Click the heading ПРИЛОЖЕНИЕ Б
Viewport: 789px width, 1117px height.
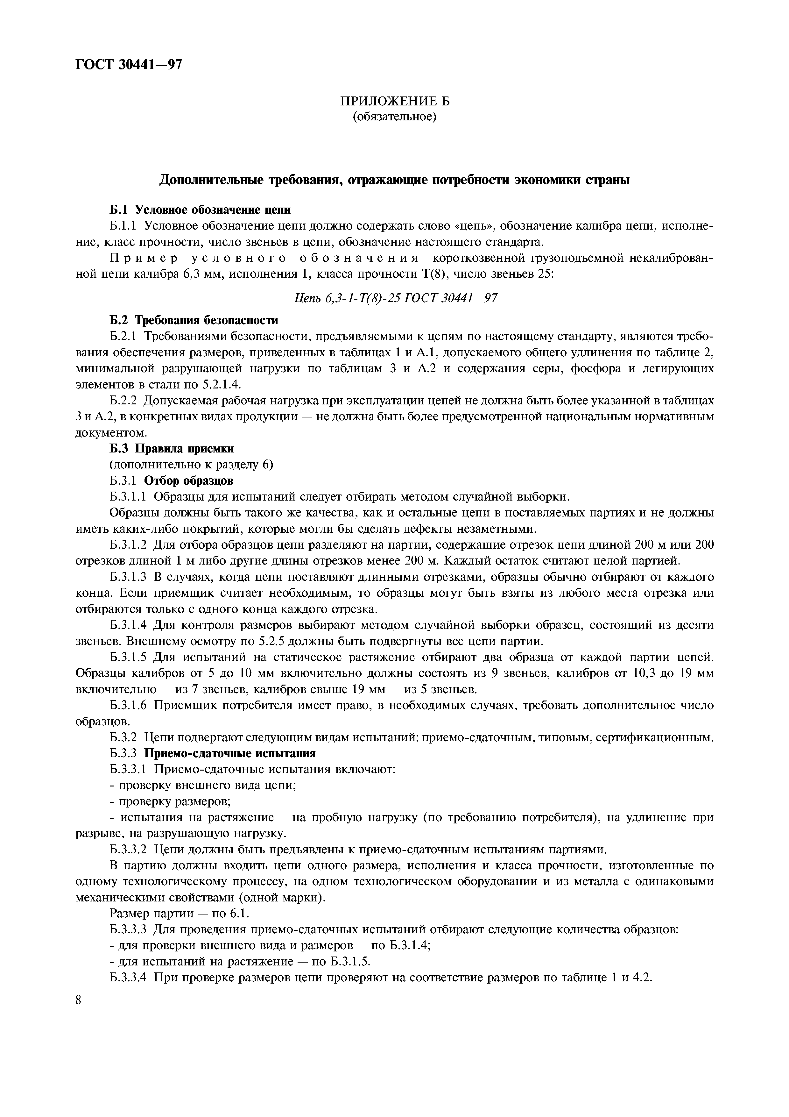point(394,101)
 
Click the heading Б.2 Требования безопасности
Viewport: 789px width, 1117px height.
point(194,320)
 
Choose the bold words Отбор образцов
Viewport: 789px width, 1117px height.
point(189,481)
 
